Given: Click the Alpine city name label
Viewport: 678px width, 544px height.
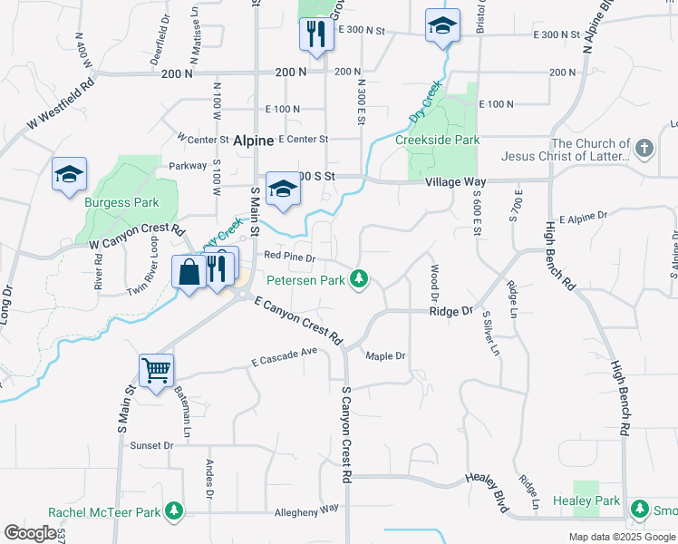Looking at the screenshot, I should (253, 141).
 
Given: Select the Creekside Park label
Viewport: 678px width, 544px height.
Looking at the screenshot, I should (437, 141).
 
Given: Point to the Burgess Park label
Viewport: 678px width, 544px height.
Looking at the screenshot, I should (121, 202).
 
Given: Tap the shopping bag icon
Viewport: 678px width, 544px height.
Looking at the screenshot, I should (189, 270).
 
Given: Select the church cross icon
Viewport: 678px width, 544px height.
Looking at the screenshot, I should (644, 148).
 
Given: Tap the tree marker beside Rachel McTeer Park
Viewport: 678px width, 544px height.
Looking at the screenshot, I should (174, 511).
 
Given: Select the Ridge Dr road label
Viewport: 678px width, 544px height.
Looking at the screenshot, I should (451, 311).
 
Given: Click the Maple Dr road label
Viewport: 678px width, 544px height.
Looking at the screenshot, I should (385, 356).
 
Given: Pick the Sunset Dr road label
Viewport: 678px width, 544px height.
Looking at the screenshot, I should (151, 445).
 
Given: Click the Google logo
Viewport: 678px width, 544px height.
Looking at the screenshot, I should (30, 533).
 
